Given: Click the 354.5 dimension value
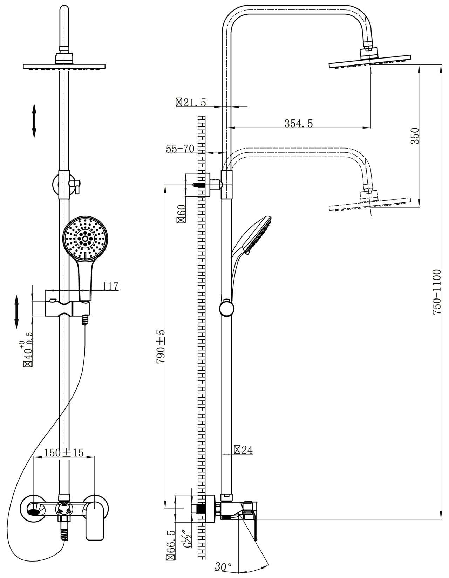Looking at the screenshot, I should click(x=298, y=123).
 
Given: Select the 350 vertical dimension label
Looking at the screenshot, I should click(x=415, y=136).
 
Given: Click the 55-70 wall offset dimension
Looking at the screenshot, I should click(x=180, y=149).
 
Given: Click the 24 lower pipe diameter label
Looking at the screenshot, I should click(x=244, y=450).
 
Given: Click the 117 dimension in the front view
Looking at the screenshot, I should click(x=110, y=286).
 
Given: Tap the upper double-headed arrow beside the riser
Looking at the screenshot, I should click(x=34, y=121).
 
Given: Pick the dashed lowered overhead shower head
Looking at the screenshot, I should click(x=369, y=204).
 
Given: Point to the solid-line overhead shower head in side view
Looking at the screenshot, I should click(x=369, y=62).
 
